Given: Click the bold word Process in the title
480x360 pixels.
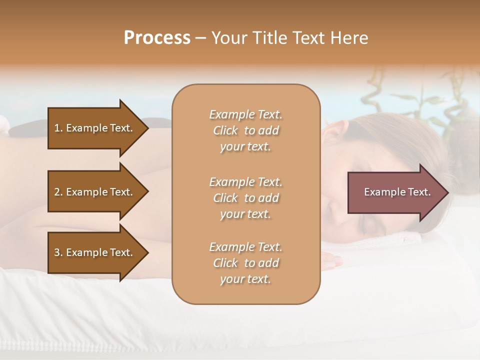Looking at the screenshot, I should pyautogui.click(x=157, y=38).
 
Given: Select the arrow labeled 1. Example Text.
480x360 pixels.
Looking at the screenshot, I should pyautogui.click(x=95, y=128).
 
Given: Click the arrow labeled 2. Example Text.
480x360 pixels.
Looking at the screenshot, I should pyautogui.click(x=95, y=192).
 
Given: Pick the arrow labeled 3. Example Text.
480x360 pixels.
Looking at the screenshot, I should pyautogui.click(x=95, y=252).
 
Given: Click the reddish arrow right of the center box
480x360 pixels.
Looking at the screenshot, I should pyautogui.click(x=395, y=192).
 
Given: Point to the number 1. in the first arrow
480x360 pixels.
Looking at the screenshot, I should pyautogui.click(x=58, y=128).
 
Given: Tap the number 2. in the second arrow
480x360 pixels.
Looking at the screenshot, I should pyautogui.click(x=58, y=192).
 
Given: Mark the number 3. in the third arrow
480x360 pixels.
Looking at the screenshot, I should pyautogui.click(x=58, y=252).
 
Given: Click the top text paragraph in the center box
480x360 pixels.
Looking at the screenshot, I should pyautogui.click(x=245, y=130).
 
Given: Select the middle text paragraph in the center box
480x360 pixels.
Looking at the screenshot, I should pyautogui.click(x=245, y=198).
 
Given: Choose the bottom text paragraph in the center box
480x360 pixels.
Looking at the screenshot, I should pyautogui.click(x=245, y=263).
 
